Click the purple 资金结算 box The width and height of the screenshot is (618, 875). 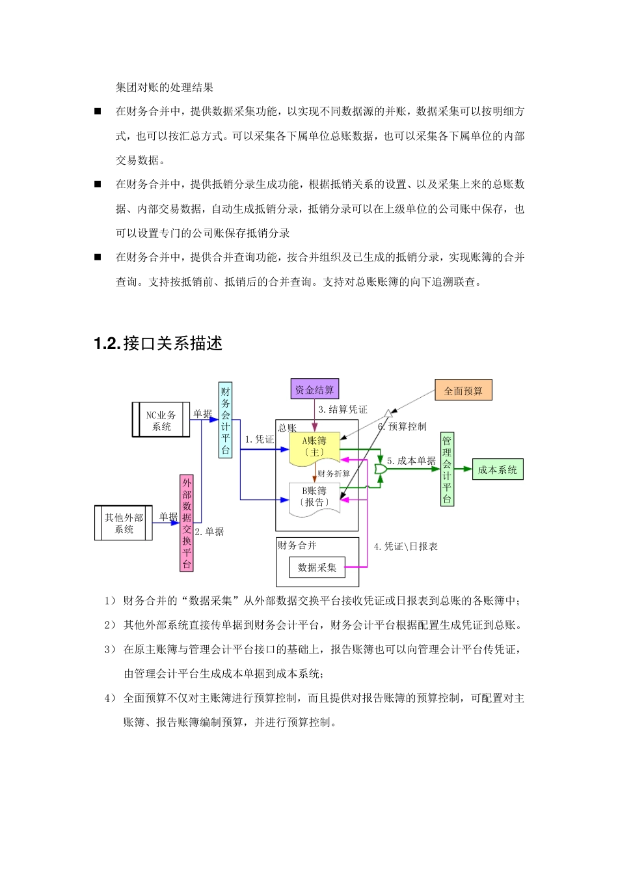tap(314, 389)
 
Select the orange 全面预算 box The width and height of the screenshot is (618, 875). tap(463, 391)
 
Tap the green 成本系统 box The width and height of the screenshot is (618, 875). tap(497, 469)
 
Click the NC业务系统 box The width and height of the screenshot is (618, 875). tap(161, 420)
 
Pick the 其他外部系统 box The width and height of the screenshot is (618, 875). tap(124, 523)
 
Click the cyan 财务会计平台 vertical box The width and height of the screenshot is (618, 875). tap(225, 420)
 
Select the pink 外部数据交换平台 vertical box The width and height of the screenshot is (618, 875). tap(187, 523)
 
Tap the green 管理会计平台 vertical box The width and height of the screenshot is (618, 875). tap(447, 469)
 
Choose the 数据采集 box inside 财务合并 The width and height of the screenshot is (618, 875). tap(317, 567)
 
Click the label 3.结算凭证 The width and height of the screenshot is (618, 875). tap(343, 410)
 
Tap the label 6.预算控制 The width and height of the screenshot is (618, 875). tap(403, 426)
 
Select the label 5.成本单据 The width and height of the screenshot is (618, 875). tap(411, 460)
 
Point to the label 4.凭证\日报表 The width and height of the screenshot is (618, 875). tap(406, 546)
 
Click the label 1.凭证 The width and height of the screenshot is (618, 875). tap(260, 439)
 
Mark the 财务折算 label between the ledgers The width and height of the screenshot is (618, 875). tap(334, 473)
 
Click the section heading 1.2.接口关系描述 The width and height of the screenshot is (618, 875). tap(158, 344)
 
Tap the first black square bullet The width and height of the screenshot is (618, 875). tap(98, 111)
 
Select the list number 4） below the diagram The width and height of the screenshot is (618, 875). tap(110, 698)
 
